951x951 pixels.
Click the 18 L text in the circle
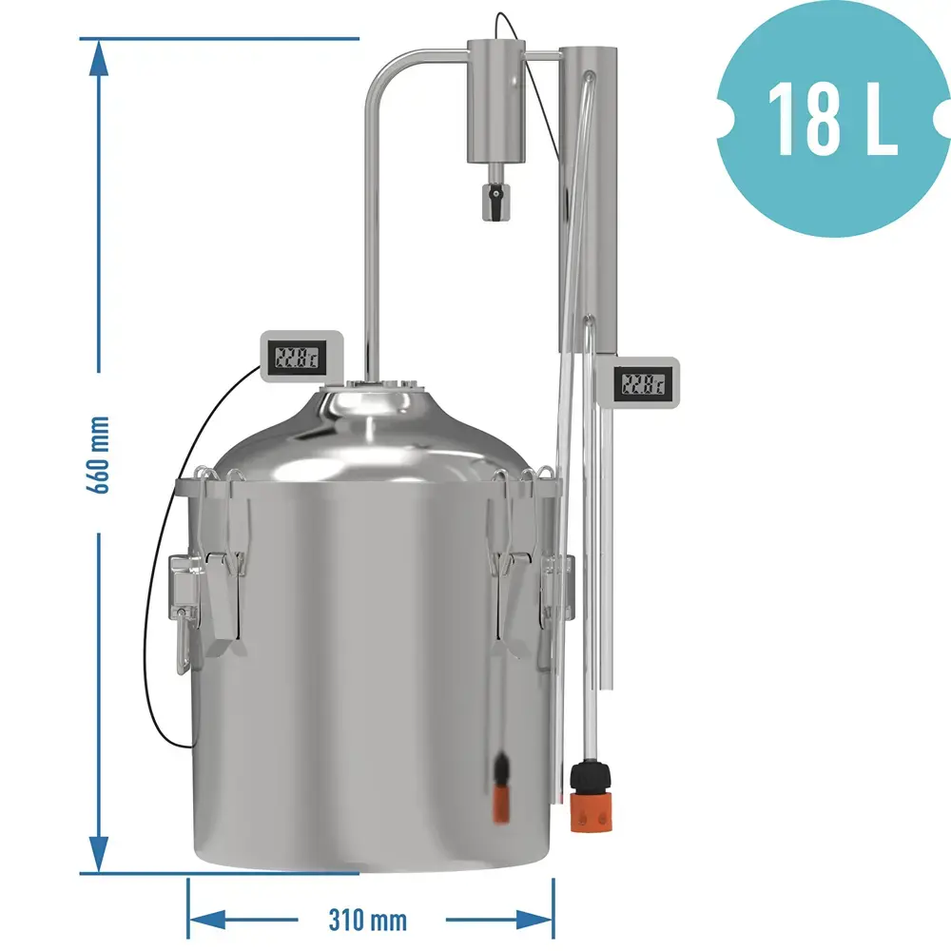click(831, 119)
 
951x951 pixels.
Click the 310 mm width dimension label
click(367, 920)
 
